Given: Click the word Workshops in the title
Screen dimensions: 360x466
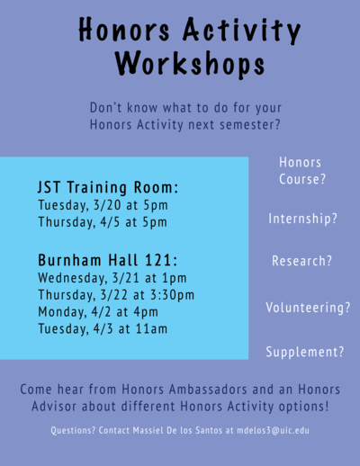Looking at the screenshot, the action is coord(190,63).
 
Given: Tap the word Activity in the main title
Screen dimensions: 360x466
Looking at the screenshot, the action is coord(241,30).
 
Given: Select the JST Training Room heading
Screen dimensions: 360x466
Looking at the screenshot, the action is coord(108,188).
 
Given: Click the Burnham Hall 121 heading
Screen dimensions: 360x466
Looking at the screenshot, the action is coord(108,260).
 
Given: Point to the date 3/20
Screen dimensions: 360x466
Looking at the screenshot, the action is coord(107,205).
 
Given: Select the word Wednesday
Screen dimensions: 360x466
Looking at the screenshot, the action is coord(73,278).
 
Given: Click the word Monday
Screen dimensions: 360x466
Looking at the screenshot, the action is coord(62,312).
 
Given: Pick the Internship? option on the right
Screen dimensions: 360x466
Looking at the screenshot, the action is coord(303,219).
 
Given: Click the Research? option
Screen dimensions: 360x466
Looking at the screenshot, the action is coord(301,261).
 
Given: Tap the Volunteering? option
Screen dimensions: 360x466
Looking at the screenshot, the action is coord(308,308).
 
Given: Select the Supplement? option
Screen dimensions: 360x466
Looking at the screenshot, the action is coord(305,352).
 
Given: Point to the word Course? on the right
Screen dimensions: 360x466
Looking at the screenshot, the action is coord(302,179).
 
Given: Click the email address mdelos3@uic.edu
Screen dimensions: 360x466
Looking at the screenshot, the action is coord(273,431).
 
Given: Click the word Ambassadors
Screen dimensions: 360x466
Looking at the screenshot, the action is coord(208,390).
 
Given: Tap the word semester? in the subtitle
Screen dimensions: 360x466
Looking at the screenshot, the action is coord(250,125).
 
